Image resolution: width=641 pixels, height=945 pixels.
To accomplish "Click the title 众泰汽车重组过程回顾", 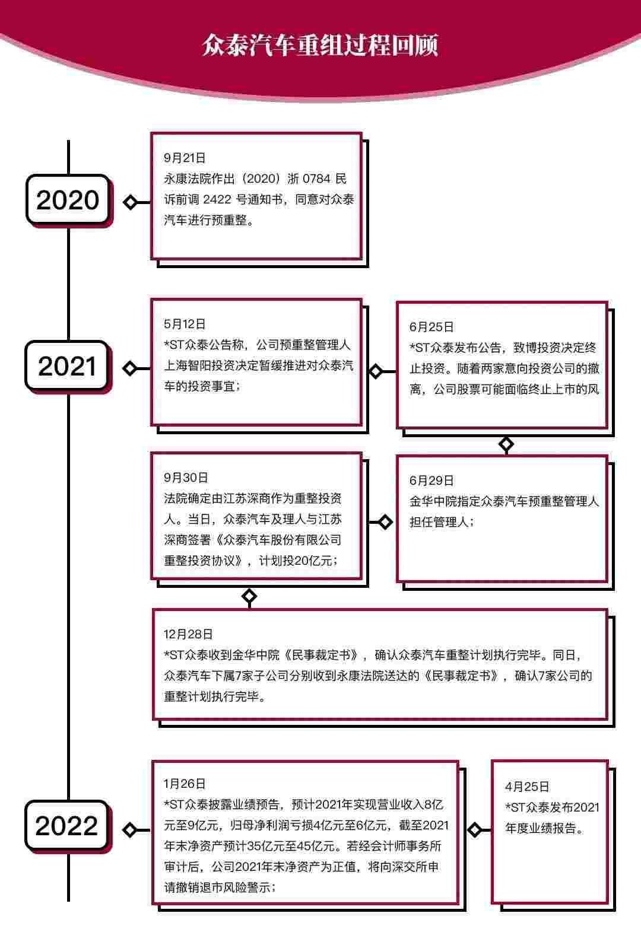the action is point(320,45).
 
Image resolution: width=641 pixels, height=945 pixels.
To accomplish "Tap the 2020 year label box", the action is point(68,199).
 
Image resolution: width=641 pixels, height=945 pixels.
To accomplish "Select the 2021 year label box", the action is point(67,366).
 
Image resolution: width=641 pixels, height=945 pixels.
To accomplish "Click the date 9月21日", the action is point(185,158).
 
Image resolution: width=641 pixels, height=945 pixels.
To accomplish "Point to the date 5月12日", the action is point(185,324).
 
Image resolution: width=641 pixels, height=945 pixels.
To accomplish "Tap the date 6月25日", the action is point(431,327).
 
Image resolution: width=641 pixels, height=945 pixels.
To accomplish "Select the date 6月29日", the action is point(431,481).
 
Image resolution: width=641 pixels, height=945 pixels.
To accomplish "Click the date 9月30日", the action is point(186,478).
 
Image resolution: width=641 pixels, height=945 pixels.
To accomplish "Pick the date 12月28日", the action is point(188,634).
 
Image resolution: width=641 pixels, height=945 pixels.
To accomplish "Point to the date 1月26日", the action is point(185,784).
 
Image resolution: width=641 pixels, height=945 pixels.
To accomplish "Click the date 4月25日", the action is point(527,787).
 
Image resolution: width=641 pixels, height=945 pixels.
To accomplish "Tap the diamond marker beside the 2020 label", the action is point(131,202).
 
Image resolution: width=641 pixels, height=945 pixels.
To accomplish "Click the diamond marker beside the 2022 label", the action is point(129,830).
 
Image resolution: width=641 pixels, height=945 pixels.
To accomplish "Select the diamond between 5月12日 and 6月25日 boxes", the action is point(376,372).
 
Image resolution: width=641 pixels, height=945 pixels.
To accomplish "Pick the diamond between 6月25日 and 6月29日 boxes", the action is point(506,444).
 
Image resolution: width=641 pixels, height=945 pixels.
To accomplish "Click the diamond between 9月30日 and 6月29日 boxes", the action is point(385,522).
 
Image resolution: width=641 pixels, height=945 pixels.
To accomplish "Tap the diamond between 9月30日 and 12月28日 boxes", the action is point(249,596).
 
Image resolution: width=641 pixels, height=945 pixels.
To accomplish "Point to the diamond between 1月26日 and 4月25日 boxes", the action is point(475,830).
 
